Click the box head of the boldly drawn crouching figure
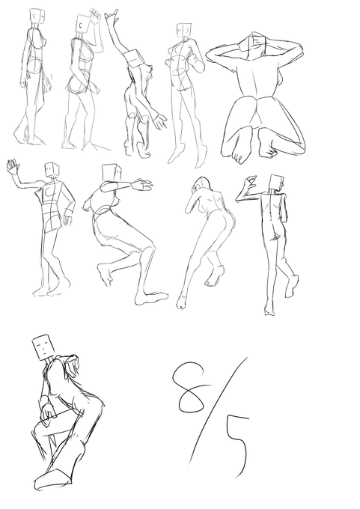43,347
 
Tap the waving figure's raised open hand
13,166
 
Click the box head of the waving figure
52,170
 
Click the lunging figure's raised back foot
105,274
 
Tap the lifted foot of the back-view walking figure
292,286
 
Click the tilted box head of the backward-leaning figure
133,58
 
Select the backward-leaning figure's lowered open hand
159,121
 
